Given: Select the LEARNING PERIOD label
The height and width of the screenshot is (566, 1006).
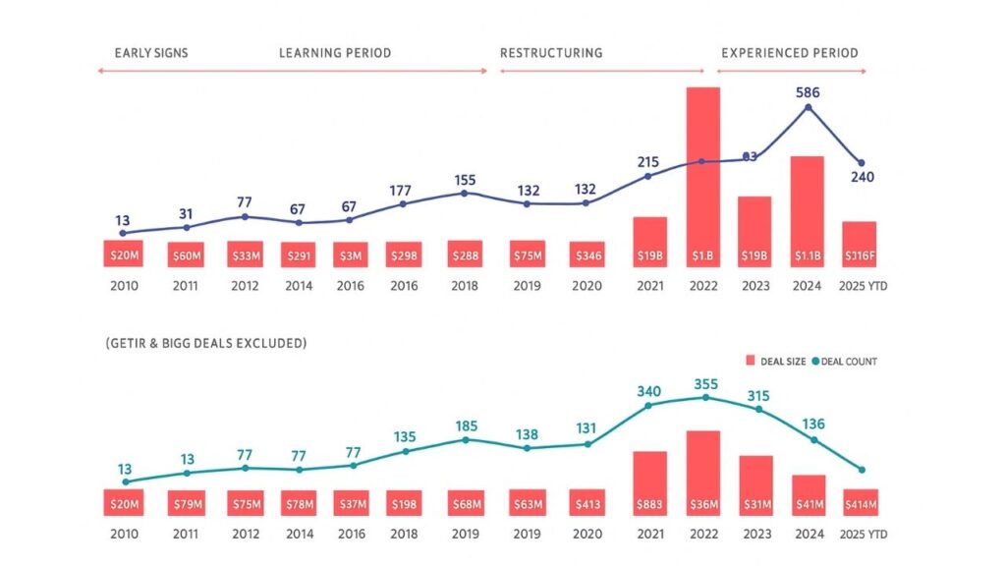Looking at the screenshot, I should pyautogui.click(x=335, y=53).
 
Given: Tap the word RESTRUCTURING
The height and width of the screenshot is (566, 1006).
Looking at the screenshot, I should pyautogui.click(x=551, y=53).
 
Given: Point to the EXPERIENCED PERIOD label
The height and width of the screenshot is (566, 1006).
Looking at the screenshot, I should pyautogui.click(x=790, y=53).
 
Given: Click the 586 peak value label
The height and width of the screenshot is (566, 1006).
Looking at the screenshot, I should pyautogui.click(x=808, y=93).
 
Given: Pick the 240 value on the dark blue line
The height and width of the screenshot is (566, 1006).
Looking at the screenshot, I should pyautogui.click(x=862, y=177).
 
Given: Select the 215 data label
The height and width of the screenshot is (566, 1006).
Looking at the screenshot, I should pyautogui.click(x=647, y=161).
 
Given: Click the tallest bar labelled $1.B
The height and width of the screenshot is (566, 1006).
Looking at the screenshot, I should pyautogui.click(x=702, y=177).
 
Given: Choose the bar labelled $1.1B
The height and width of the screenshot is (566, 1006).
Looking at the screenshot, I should pyautogui.click(x=807, y=211).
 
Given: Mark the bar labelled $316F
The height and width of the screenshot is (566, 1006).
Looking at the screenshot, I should pyautogui.click(x=860, y=244).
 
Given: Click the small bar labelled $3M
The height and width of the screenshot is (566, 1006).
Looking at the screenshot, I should pyautogui.click(x=351, y=255).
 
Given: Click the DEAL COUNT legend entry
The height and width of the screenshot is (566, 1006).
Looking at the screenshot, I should pyautogui.click(x=845, y=362).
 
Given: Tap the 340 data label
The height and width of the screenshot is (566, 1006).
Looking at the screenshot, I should pyautogui.click(x=648, y=390).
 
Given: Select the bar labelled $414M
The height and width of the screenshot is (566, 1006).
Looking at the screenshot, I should pyautogui.click(x=860, y=502).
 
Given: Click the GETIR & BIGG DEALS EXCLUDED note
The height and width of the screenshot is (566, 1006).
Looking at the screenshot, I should pyautogui.click(x=205, y=344).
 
